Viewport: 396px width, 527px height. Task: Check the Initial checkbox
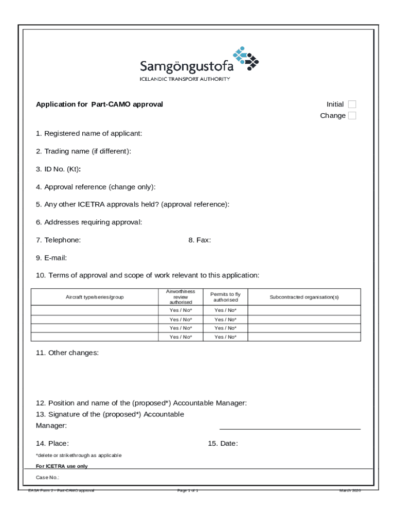click(x=352, y=104)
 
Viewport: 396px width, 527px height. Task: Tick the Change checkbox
click(x=352, y=116)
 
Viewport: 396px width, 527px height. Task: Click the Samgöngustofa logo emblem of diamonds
click(x=246, y=58)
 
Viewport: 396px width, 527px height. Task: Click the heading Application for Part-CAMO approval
click(x=99, y=104)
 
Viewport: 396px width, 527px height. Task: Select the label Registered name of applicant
click(x=89, y=134)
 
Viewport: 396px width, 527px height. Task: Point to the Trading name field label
click(x=83, y=151)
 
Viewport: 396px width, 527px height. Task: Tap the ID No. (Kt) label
click(x=58, y=169)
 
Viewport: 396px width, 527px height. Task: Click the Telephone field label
click(x=58, y=240)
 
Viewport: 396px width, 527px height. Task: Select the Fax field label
click(x=200, y=240)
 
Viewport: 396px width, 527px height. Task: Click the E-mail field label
click(x=51, y=258)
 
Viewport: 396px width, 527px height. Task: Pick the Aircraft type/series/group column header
click(x=95, y=297)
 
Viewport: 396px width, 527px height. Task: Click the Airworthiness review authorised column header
click(x=181, y=297)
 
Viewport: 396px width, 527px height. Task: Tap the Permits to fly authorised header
click(x=225, y=297)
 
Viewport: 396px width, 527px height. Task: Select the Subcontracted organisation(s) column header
click(x=304, y=297)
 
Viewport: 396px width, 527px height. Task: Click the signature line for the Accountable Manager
click(x=290, y=428)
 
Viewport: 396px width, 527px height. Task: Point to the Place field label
click(x=52, y=444)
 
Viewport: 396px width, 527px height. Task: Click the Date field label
click(x=223, y=444)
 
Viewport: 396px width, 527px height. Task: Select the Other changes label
click(x=67, y=353)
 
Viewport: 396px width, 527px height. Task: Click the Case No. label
click(x=47, y=478)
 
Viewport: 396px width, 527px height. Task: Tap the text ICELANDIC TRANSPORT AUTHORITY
click(x=185, y=79)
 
